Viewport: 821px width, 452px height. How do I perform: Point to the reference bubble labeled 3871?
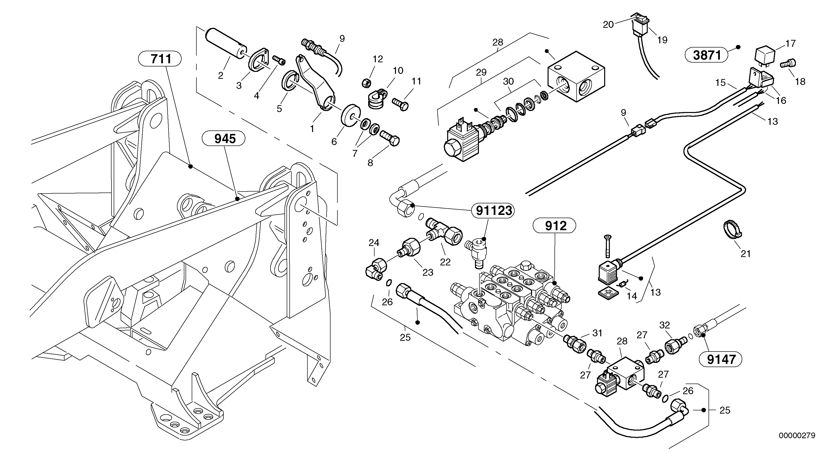[707, 55]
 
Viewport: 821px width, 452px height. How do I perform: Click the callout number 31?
[597, 333]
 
